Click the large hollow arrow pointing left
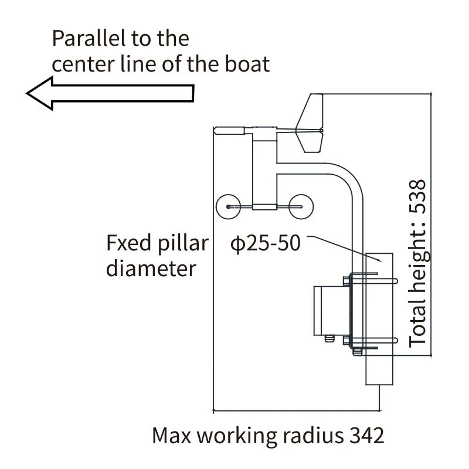(x=110, y=93)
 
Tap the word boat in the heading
(x=247, y=64)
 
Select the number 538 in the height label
(x=417, y=196)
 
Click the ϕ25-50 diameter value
(x=266, y=243)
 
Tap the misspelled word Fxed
(x=129, y=243)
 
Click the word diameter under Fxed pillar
(x=151, y=269)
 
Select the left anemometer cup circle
(x=228, y=207)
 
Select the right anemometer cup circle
(x=301, y=207)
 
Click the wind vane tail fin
(x=310, y=123)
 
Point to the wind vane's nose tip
(x=215, y=131)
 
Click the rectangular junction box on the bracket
(x=331, y=311)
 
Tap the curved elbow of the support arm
(x=351, y=176)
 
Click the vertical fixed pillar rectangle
(x=379, y=319)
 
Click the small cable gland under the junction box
(x=329, y=339)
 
